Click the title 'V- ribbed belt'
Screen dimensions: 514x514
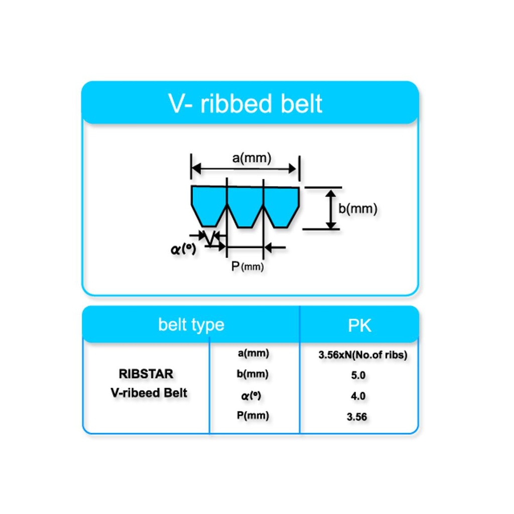245,104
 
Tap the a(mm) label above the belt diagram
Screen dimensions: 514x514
251,158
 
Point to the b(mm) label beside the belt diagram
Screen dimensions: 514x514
357,209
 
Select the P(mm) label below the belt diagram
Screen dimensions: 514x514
247,267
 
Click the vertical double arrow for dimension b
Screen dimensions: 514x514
330,209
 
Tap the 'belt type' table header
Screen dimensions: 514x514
191,325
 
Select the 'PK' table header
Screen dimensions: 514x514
359,325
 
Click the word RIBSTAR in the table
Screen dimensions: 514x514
146,374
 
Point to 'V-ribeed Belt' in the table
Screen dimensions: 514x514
149,393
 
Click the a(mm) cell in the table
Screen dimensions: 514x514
253,353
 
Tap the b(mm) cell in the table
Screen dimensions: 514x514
253,374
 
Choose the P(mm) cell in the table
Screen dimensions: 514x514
253,416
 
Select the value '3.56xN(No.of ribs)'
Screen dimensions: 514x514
362,355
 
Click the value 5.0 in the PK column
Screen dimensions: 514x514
358,375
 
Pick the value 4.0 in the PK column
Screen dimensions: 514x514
358,396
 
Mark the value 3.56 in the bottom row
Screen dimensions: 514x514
358,417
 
